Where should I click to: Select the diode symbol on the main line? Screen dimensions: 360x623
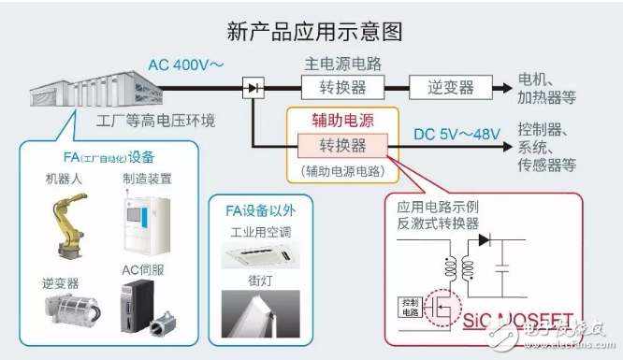(x=253, y=89)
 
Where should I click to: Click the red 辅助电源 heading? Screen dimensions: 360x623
(x=341, y=122)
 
